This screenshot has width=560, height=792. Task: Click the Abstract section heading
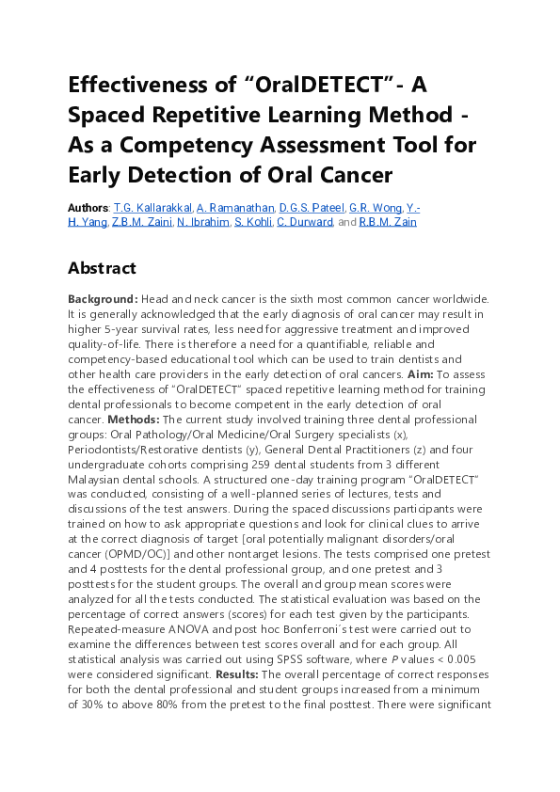click(102, 268)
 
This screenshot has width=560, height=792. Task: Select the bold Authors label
click(88, 207)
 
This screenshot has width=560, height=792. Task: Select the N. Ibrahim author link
click(202, 222)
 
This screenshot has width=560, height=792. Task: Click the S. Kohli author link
click(252, 222)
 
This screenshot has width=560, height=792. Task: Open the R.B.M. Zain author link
click(389, 222)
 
